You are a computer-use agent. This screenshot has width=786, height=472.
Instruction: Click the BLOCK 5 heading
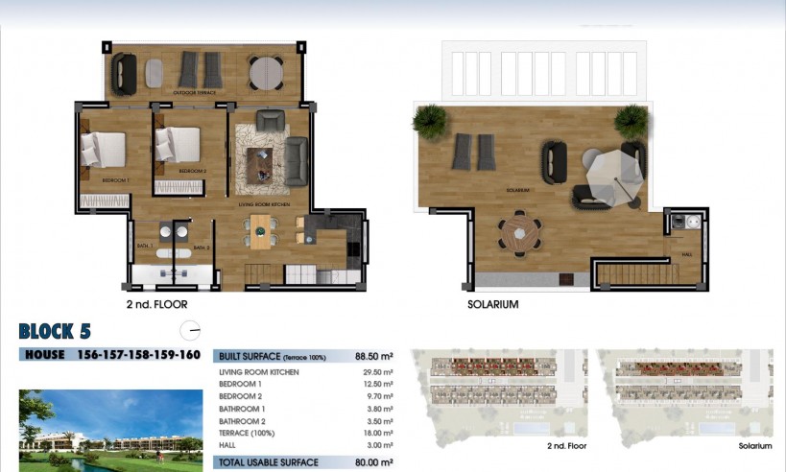(x=55, y=332)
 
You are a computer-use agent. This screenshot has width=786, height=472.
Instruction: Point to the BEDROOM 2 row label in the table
(x=241, y=396)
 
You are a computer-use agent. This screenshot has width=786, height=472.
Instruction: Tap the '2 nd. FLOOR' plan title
(x=157, y=304)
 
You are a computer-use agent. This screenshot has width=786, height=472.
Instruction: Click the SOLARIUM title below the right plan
(x=492, y=304)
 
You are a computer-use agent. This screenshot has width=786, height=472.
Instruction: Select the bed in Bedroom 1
(x=103, y=149)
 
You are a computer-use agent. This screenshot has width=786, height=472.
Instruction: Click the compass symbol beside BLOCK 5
(x=193, y=331)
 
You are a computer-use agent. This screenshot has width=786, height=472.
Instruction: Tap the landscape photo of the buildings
(x=97, y=429)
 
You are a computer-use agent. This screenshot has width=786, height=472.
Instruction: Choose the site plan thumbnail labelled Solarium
(x=684, y=395)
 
